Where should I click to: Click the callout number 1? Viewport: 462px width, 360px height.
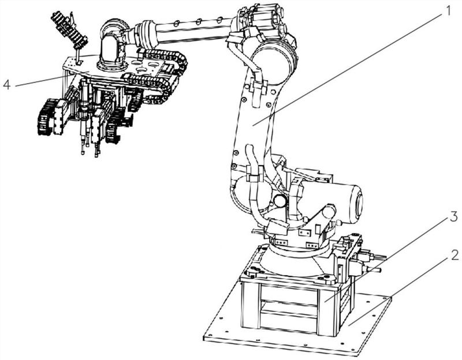(x=448, y=11)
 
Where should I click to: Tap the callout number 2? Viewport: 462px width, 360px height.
(x=454, y=255)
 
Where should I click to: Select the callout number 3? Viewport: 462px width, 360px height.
(x=453, y=217)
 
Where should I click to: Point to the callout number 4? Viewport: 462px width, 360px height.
(x=7, y=85)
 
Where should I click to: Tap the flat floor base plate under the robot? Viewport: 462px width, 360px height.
(x=297, y=324)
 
